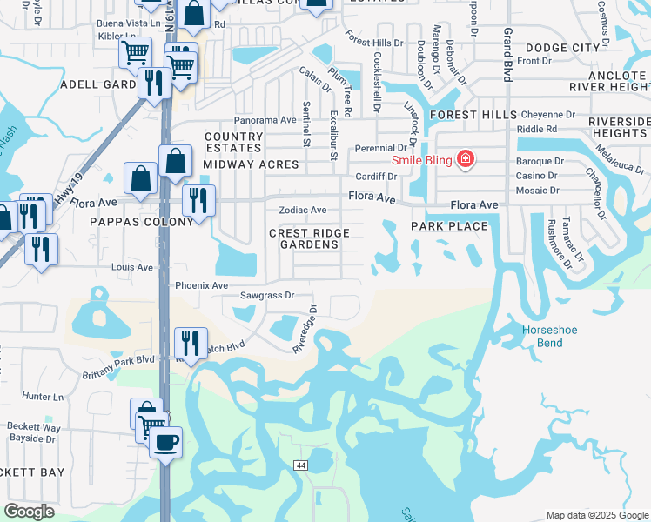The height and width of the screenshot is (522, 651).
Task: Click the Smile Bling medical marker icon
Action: click(466, 158)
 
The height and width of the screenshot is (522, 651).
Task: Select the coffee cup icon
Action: click(165, 441)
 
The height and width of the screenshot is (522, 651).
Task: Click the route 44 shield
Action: click(300, 466)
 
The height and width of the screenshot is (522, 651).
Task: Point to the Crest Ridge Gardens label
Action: click(309, 238)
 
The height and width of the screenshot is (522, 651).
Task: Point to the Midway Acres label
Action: click(251, 164)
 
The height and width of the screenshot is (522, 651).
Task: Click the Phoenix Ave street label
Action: click(201, 285)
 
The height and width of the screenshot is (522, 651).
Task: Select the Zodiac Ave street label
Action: click(302, 211)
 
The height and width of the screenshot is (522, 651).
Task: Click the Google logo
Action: click(29, 512)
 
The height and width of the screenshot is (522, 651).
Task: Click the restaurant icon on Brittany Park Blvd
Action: click(189, 342)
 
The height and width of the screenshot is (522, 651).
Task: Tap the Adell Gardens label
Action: click(96, 84)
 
